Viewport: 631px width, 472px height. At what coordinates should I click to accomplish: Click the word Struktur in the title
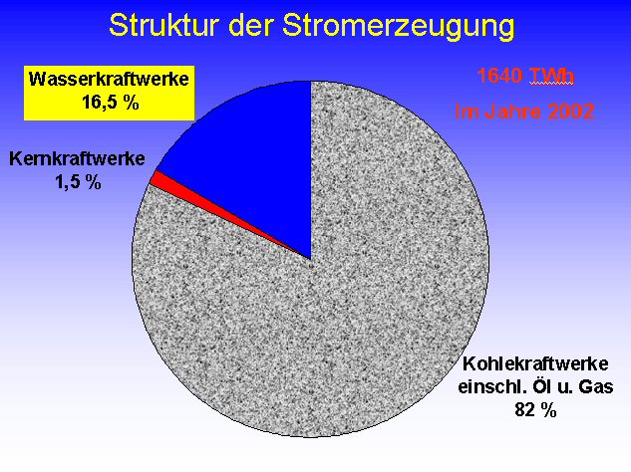(163, 25)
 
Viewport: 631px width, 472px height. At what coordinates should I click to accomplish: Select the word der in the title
(250, 25)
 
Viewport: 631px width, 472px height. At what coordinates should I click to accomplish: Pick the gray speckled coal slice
(322, 322)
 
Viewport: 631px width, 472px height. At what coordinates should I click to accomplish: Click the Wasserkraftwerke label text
(109, 79)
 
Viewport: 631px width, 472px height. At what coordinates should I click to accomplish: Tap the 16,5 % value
(111, 103)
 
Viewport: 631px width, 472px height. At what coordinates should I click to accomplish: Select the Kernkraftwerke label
(77, 158)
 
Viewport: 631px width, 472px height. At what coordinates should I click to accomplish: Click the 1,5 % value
(78, 182)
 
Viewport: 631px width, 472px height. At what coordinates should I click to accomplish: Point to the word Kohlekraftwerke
(535, 363)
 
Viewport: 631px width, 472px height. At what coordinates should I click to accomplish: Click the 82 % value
(535, 409)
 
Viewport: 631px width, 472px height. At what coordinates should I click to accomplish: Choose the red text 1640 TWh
(525, 76)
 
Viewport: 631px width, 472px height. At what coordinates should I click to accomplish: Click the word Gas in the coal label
(596, 386)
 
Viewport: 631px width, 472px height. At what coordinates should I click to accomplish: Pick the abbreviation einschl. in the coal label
(492, 386)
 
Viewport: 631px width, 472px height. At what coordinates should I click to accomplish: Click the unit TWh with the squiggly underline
(551, 76)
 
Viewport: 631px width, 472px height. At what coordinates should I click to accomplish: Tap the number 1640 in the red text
(499, 76)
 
